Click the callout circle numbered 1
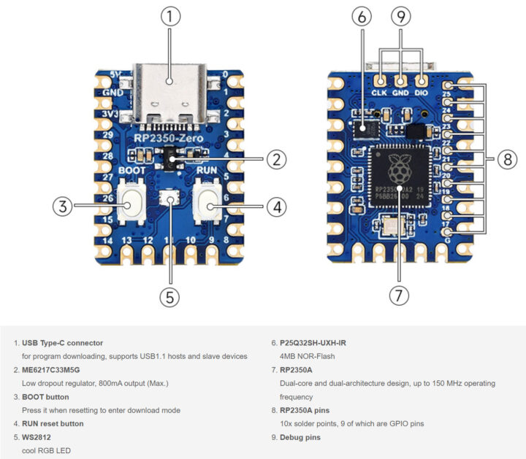pos(169,16)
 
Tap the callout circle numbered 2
pos(275,159)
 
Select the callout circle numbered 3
pos(63,207)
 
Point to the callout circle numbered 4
pos(275,207)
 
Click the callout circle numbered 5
pos(169,296)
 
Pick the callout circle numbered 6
pos(362,16)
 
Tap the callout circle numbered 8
pos(507,160)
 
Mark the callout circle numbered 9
pos(400,16)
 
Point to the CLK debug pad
pos(381,80)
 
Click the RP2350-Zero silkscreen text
pos(169,136)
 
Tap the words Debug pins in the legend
pos(299,437)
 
